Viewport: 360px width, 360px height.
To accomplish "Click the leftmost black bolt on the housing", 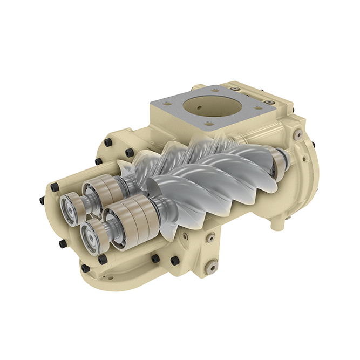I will click(42, 200).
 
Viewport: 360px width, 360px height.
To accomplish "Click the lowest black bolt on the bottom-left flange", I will click(85, 268).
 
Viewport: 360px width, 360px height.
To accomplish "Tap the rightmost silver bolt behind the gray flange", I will click(268, 102).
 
